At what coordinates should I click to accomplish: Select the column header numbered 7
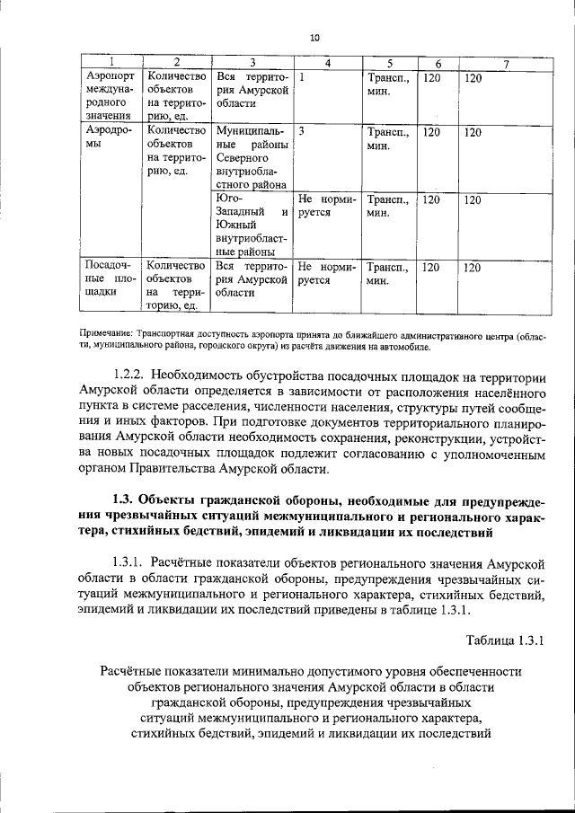[x=506, y=63]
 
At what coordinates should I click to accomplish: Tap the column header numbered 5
[x=390, y=63]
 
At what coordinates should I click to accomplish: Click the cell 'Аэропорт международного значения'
[x=110, y=96]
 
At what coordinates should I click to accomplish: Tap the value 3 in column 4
[x=303, y=131]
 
